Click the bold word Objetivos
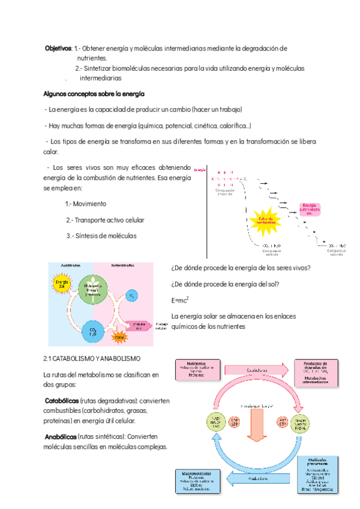coord(58,48)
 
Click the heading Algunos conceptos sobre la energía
coord(94,94)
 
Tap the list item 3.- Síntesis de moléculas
coord(101,235)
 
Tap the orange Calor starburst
coord(120,337)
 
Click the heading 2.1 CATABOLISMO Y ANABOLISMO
coord(92,359)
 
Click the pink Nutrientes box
coord(196,370)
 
